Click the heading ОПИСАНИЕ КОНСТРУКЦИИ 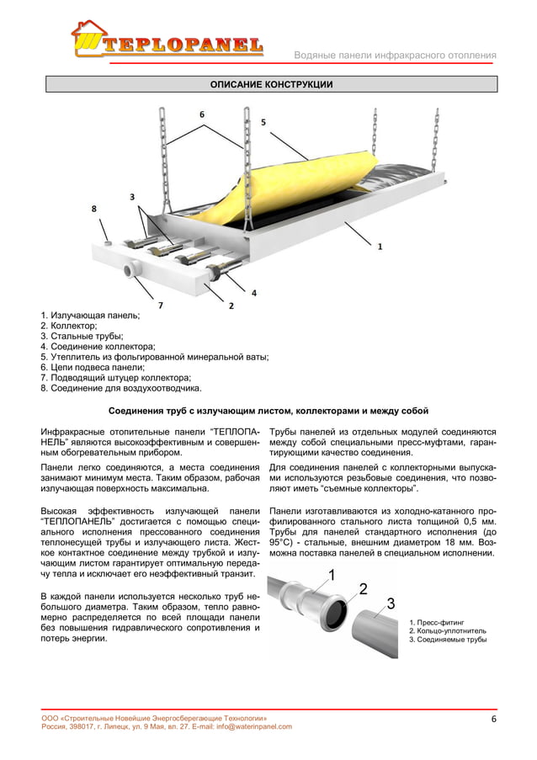(x=270, y=85)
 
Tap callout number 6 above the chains (x=201, y=113)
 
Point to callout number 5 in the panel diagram (x=263, y=122)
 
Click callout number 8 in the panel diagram (x=93, y=207)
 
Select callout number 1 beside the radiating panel (x=380, y=247)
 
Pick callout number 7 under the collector (x=160, y=303)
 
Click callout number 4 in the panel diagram (x=253, y=292)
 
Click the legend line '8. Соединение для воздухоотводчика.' (x=121, y=389)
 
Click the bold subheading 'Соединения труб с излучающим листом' (x=269, y=412)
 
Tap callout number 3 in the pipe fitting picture (x=391, y=603)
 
